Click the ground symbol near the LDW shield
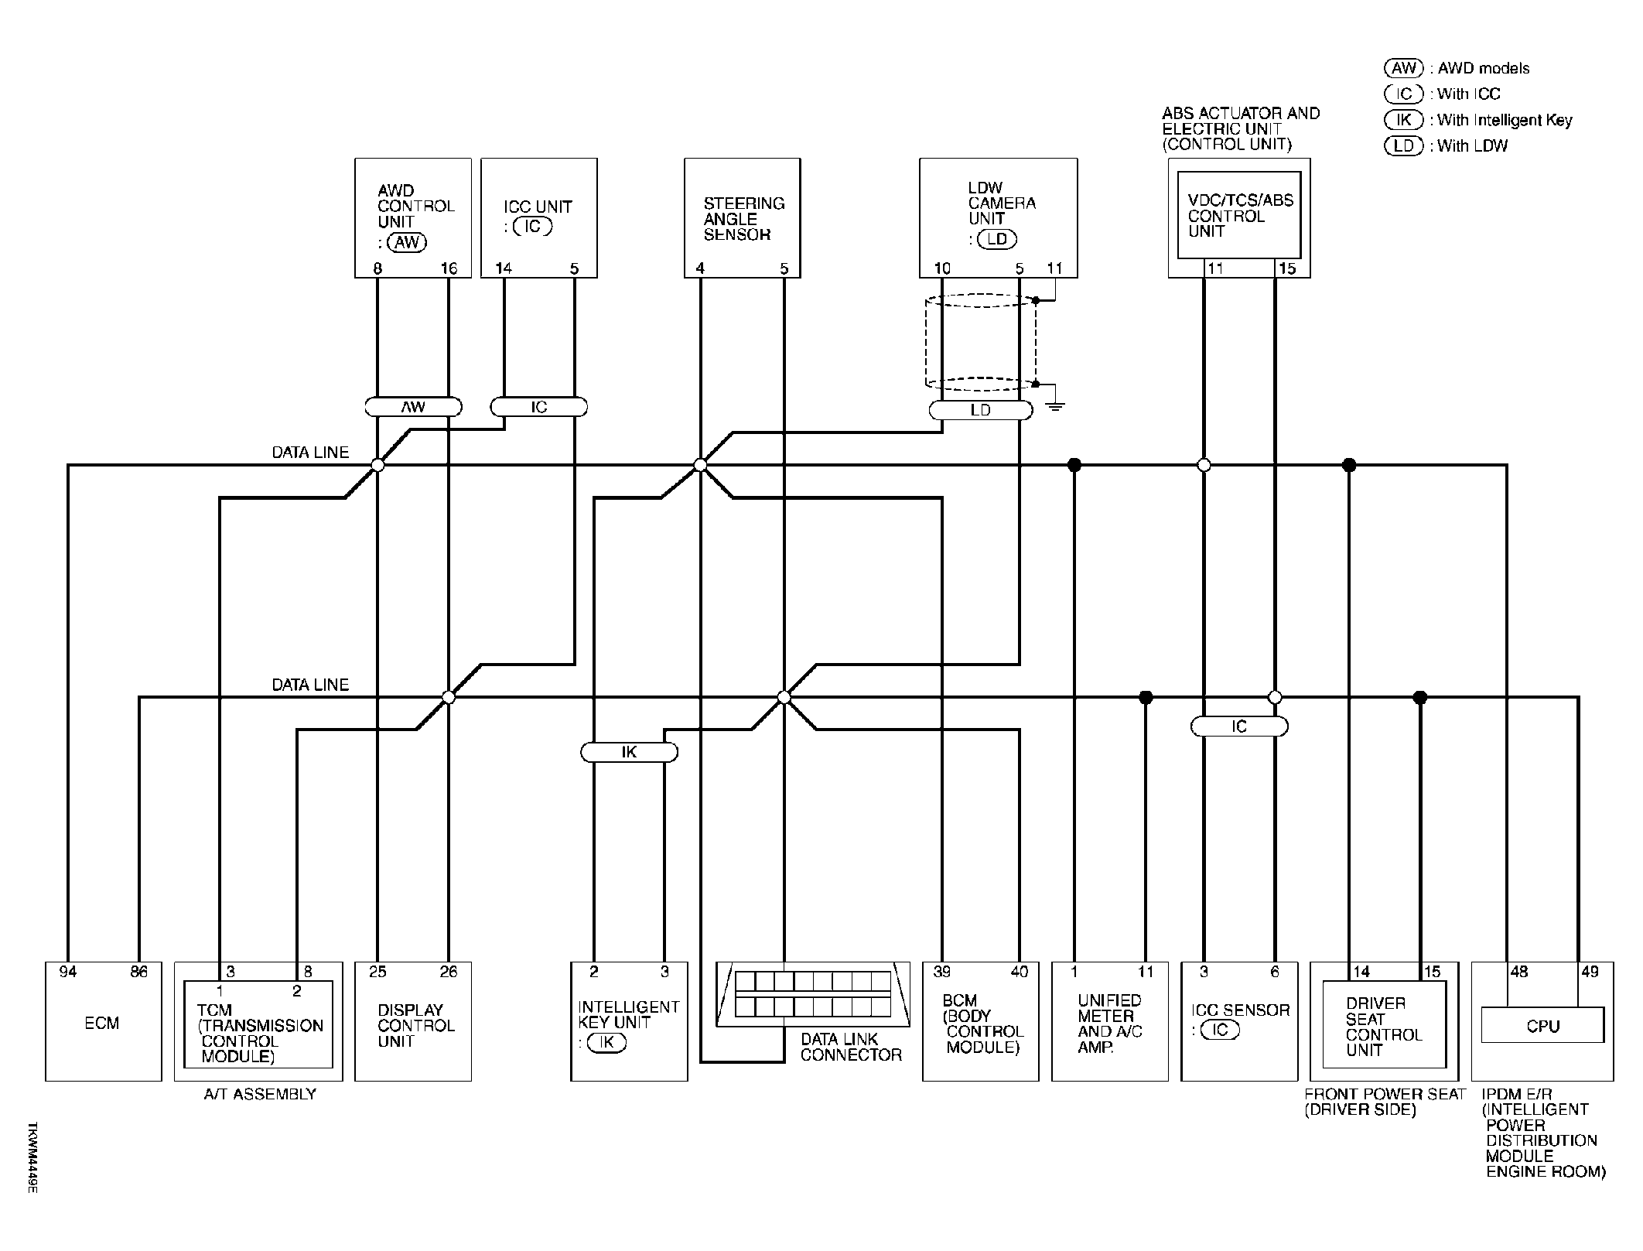pyautogui.click(x=1054, y=405)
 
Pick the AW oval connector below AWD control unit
pyautogui.click(x=413, y=407)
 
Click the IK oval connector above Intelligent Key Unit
pyautogui.click(x=629, y=752)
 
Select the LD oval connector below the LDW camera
pyautogui.click(x=980, y=410)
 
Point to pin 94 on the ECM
pyautogui.click(x=68, y=972)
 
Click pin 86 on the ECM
pyautogui.click(x=139, y=972)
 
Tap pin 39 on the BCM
pyautogui.click(x=941, y=972)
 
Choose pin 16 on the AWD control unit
pyautogui.click(x=449, y=268)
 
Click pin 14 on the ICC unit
pyautogui.click(x=504, y=268)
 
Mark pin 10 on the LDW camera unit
pyautogui.click(x=942, y=268)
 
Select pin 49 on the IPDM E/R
pyautogui.click(x=1590, y=972)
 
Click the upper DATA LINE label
pyautogui.click(x=310, y=453)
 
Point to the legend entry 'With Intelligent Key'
pyautogui.click(x=1478, y=120)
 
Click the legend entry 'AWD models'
pyautogui.click(x=1457, y=68)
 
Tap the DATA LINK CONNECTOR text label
pyautogui.click(x=851, y=1047)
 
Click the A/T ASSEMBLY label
pyautogui.click(x=260, y=1094)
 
